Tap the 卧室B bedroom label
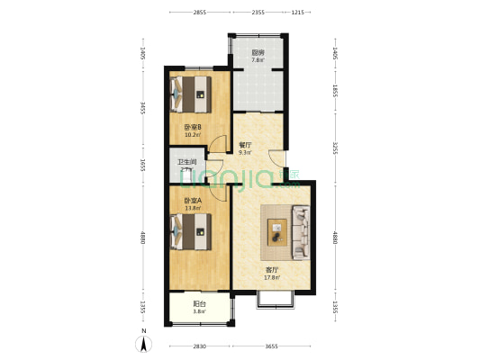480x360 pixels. (x=192, y=127)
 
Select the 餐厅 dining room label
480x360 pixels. (x=244, y=144)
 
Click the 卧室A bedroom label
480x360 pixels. (x=192, y=200)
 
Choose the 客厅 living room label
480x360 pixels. (x=270, y=269)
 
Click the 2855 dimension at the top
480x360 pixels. (x=199, y=13)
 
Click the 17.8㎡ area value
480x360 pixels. (x=271, y=277)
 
